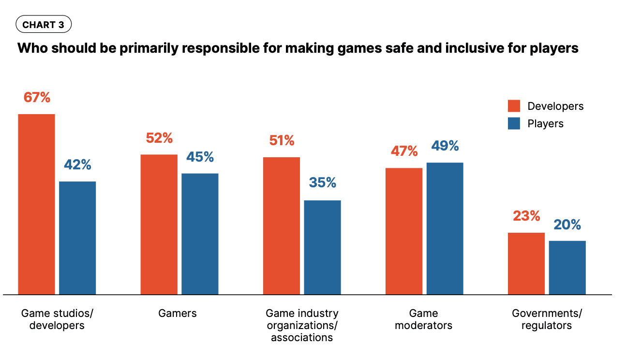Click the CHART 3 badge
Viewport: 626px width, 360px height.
(44, 25)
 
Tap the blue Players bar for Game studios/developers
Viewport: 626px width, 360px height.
(77, 238)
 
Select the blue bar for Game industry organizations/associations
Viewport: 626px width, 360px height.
(322, 247)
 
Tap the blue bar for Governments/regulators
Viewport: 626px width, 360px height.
(567, 268)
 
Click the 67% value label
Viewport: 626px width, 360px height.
(37, 97)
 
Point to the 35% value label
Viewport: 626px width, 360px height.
(322, 182)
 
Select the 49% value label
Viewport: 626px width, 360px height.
(445, 146)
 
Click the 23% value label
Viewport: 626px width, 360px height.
(526, 216)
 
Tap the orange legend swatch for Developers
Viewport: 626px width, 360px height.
(514, 106)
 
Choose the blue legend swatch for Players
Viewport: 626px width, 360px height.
(514, 123)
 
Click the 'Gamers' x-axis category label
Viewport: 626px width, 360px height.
(178, 313)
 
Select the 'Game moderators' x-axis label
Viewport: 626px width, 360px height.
(423, 319)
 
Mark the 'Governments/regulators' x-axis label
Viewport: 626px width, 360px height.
(547, 319)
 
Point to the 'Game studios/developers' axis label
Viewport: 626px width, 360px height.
(57, 319)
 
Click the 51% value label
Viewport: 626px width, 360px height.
(282, 140)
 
